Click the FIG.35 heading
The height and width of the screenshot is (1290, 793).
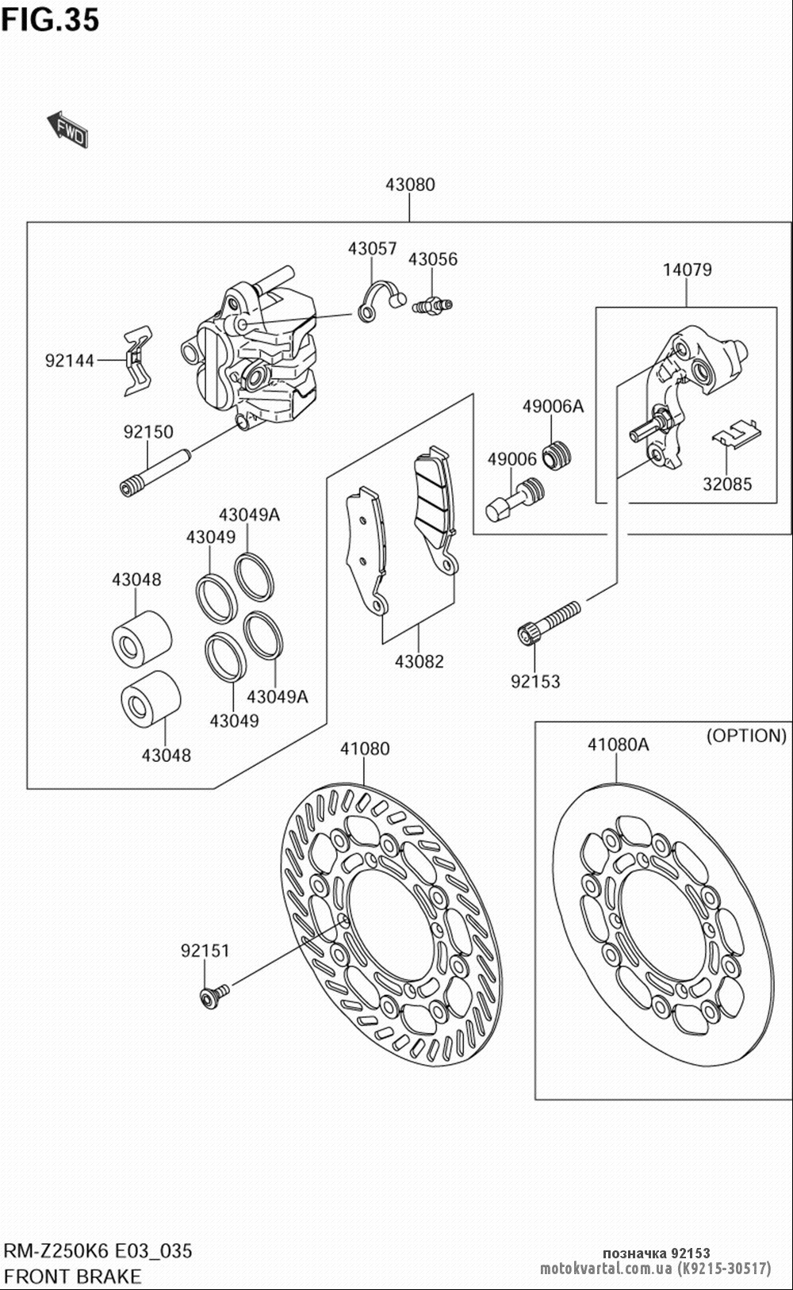pos(50,20)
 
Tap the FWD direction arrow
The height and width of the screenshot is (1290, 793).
pos(68,129)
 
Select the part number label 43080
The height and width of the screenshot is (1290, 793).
pos(410,185)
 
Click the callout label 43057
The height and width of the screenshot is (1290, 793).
pos(372,249)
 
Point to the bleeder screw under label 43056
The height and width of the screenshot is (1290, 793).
pos(432,304)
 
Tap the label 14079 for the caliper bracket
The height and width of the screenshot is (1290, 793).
pos(688,270)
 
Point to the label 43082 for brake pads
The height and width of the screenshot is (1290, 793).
pos(419,661)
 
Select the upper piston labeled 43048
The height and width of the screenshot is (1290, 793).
pos(141,636)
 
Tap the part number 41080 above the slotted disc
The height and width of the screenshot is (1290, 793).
pos(365,748)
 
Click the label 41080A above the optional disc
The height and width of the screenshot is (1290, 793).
pos(618,745)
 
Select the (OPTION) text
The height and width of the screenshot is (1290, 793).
pos(746,736)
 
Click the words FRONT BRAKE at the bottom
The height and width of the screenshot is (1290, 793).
pos(73,1277)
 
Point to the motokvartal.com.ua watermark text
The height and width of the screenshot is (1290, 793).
pos(607,1269)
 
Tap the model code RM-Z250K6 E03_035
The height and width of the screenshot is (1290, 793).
pos(98,1251)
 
